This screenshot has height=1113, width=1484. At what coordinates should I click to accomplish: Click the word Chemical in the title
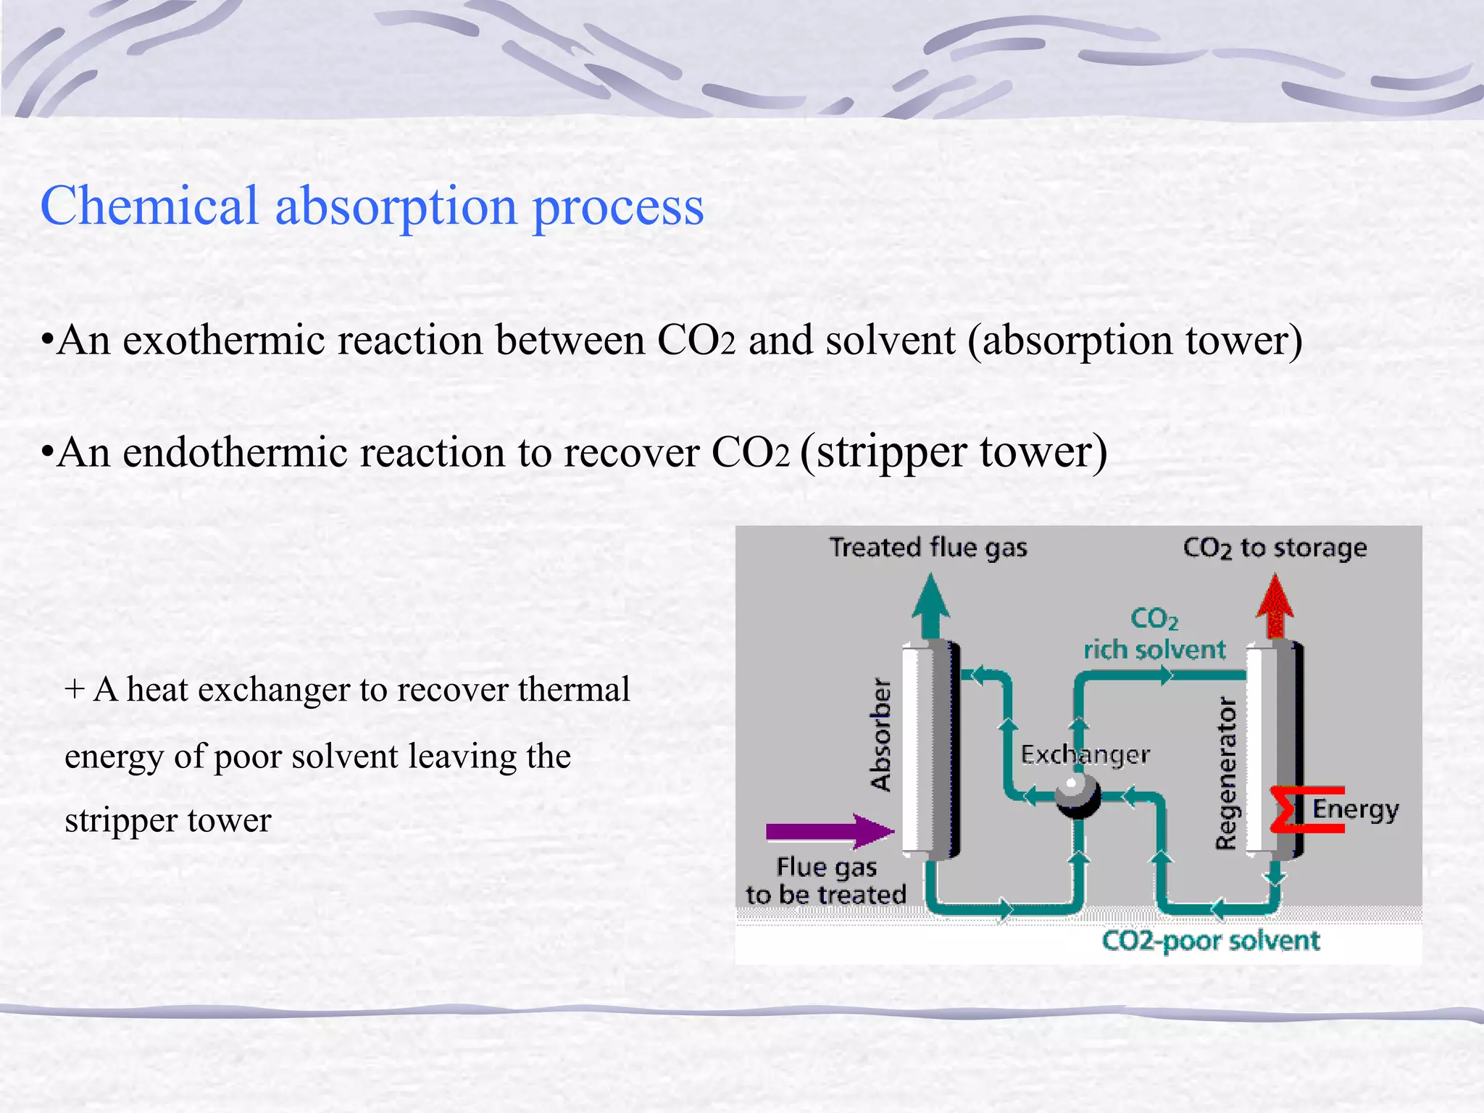pyautogui.click(x=149, y=206)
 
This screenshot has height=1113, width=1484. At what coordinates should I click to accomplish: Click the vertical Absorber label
pyautogui.click(x=880, y=734)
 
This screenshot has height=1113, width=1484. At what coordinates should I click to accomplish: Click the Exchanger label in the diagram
pyautogui.click(x=1085, y=755)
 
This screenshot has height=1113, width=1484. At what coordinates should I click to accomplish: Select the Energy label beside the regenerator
pyautogui.click(x=1355, y=809)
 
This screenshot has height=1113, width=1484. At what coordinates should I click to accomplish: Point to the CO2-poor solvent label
pyautogui.click(x=1210, y=941)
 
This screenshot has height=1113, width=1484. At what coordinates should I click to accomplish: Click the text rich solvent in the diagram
pyautogui.click(x=1154, y=650)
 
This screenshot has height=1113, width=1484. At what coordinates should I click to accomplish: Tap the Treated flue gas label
pyautogui.click(x=928, y=548)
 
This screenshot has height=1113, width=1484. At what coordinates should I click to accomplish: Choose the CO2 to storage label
pyautogui.click(x=1275, y=549)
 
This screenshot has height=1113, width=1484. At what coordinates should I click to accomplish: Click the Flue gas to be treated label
pyautogui.click(x=826, y=881)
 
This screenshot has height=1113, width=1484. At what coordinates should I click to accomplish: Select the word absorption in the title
pyautogui.click(x=396, y=206)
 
